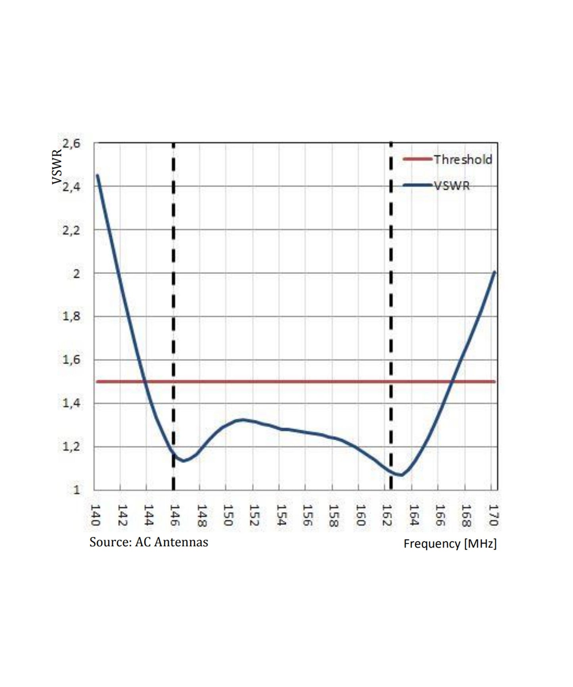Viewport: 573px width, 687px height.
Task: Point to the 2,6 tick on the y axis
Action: pos(71,143)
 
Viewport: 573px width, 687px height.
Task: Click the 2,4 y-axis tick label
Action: pos(71,187)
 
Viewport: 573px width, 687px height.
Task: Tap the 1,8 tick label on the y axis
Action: pos(71,317)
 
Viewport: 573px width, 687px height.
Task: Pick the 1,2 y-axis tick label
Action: pos(71,447)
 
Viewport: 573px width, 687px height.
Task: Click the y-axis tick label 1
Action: pos(76,490)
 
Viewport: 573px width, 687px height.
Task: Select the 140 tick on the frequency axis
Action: pos(95,515)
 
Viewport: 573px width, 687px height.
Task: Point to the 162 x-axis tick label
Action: pos(387,515)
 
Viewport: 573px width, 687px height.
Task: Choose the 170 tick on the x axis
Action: pos(493,515)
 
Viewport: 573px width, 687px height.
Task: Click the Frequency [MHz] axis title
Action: pos(450,544)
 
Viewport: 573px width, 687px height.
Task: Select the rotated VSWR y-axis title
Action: pos(57,167)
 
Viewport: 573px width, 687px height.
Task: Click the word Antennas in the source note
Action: pos(181,542)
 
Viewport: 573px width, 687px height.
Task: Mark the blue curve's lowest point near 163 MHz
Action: pos(401,475)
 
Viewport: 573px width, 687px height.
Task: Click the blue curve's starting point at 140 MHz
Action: pos(97,175)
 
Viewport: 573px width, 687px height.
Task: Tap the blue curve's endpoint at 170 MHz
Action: pos(494,272)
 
